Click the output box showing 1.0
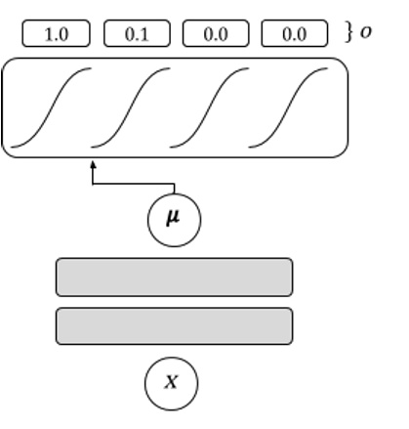tap(57, 34)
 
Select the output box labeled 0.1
tap(137, 34)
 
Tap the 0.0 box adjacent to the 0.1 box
tap(215, 34)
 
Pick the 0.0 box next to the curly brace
tap(295, 34)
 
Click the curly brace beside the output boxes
tap(348, 33)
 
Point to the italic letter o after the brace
tap(366, 33)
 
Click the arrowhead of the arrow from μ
tap(94, 166)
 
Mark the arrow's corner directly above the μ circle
tap(174, 182)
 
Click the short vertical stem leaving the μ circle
tap(174, 190)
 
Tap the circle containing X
tap(171, 382)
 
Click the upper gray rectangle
tap(174, 277)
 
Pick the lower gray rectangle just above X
tap(174, 326)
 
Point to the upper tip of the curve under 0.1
tap(168, 69)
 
